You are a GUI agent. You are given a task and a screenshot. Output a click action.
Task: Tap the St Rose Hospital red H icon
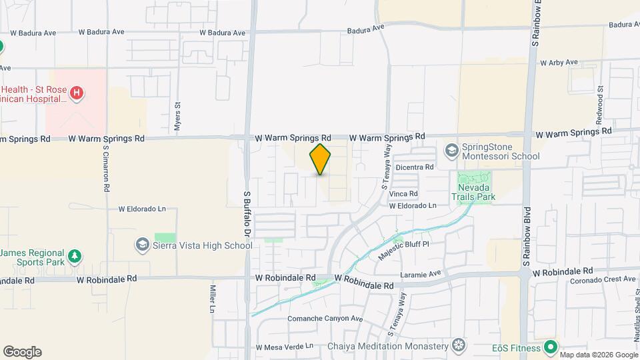coord(77,93)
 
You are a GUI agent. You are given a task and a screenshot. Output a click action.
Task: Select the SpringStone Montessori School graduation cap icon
coord(452,150)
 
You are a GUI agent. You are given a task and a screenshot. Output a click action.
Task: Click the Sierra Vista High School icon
coord(141,245)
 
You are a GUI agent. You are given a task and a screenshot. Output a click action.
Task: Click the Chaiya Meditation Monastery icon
coord(458,345)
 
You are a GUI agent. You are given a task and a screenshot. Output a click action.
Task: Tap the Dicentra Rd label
coord(414,167)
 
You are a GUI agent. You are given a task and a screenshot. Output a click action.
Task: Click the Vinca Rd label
coord(404,194)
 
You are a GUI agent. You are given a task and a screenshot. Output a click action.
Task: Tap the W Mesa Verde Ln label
coord(284,347)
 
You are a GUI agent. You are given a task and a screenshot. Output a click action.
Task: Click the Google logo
coord(22,352)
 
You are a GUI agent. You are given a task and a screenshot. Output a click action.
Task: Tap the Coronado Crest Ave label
coord(602,280)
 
